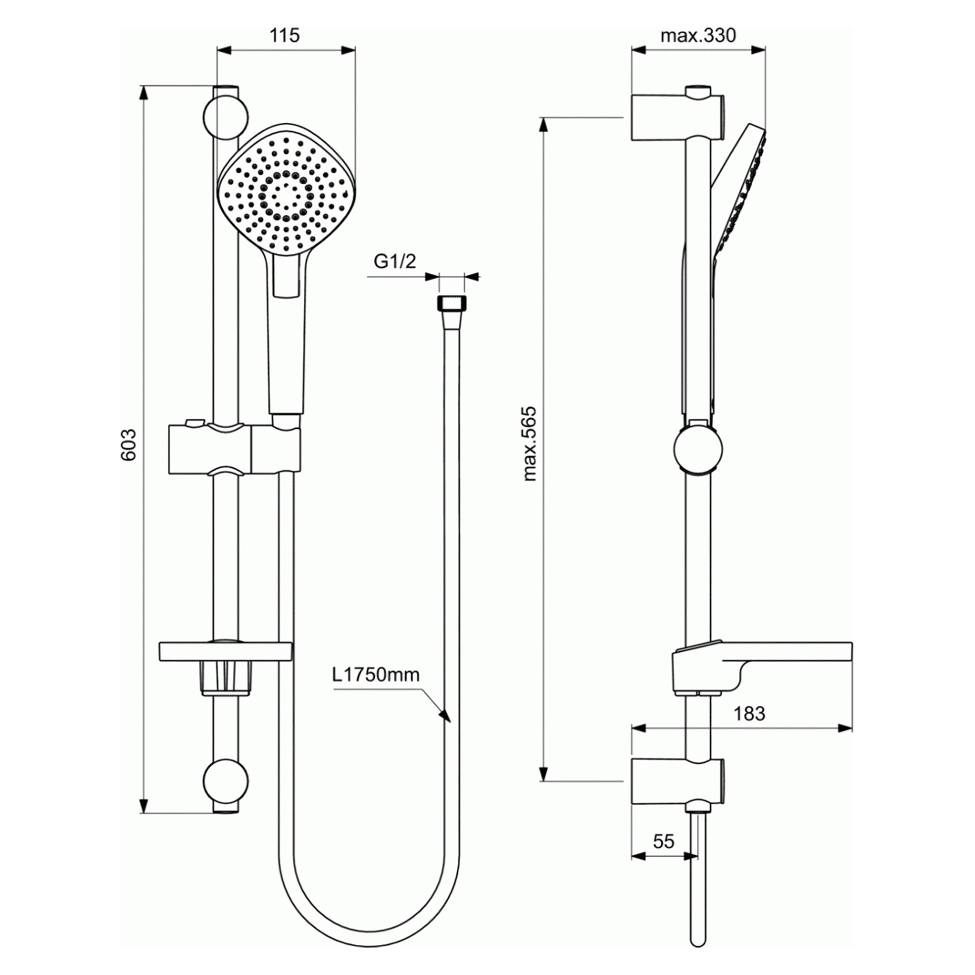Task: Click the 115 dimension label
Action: (285, 35)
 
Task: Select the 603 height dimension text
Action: (129, 445)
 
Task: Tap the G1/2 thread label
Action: (395, 261)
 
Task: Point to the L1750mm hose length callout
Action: (376, 675)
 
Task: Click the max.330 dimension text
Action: (698, 35)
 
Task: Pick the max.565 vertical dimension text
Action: (530, 444)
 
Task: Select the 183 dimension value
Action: (749, 714)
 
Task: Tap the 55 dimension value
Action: (664, 842)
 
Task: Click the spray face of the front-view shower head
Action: (286, 190)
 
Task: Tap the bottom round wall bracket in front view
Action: (225, 782)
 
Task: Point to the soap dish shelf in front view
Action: (225, 651)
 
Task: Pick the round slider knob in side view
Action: (698, 450)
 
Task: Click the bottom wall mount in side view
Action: (678, 782)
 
